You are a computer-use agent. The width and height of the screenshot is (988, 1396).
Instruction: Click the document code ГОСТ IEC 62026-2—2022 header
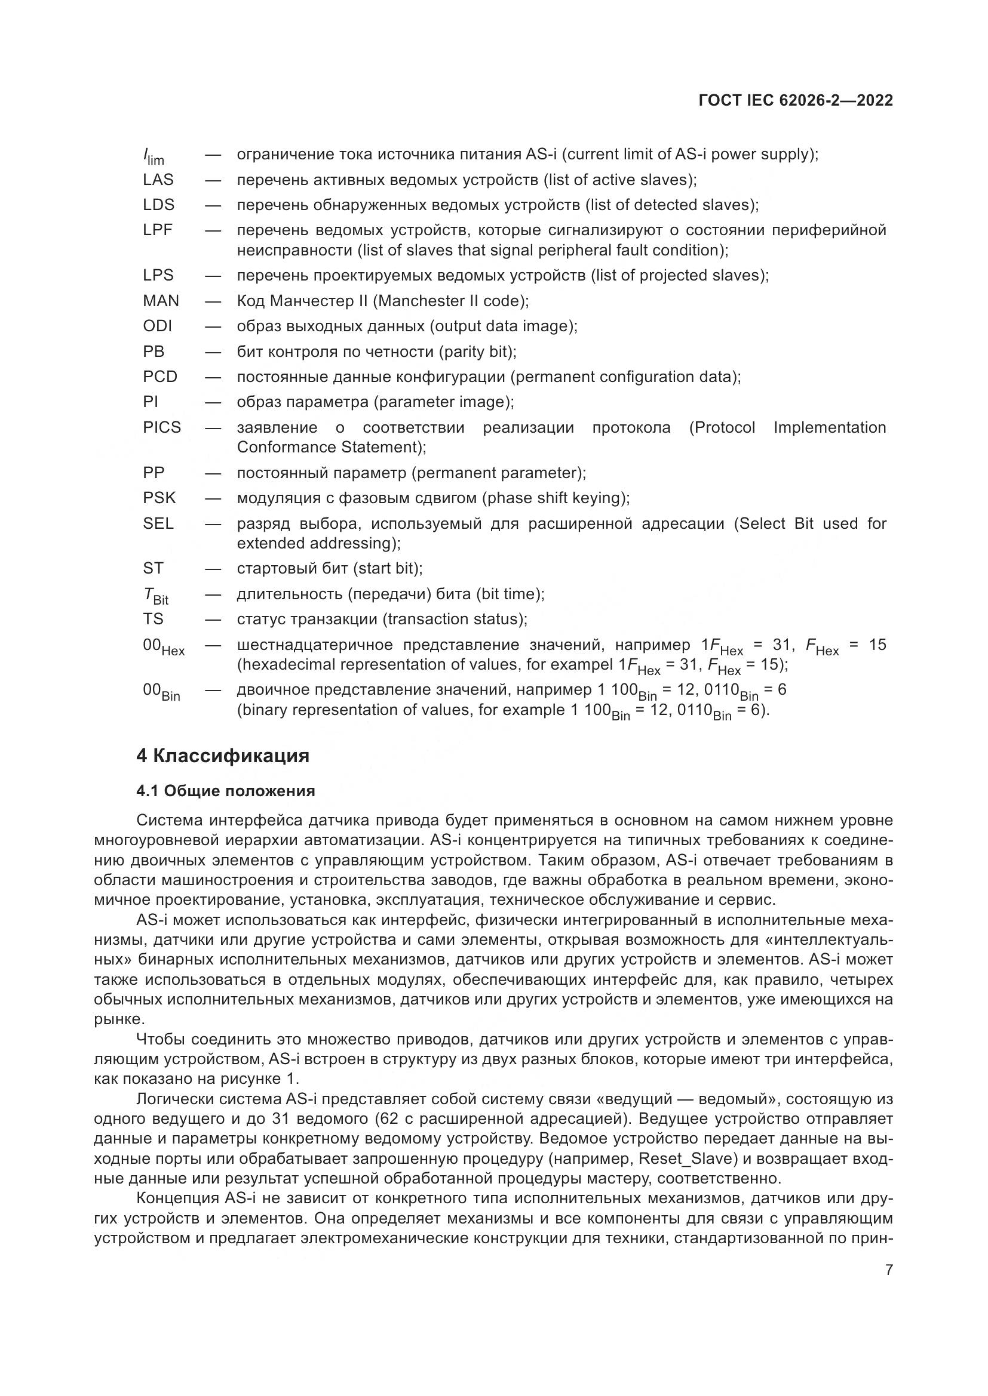[x=796, y=100]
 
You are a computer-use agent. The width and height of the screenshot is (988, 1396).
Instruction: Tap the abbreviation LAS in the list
[x=158, y=180]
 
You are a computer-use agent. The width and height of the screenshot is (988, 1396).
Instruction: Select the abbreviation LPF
[x=158, y=230]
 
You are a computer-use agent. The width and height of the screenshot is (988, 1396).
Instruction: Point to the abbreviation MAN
[x=161, y=301]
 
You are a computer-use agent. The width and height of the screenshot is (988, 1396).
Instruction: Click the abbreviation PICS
[x=162, y=427]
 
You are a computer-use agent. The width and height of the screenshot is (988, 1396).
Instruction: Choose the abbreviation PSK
[x=159, y=498]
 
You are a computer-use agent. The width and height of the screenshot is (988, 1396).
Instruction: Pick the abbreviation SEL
[x=158, y=523]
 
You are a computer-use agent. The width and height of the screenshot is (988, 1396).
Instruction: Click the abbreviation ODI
[x=158, y=326]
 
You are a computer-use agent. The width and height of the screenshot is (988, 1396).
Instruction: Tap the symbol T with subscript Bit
[x=155, y=596]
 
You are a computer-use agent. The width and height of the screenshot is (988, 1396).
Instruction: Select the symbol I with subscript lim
[x=153, y=157]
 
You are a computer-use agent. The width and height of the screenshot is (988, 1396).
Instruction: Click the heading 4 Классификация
[x=223, y=756]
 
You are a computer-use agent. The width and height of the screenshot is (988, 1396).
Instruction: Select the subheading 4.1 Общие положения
[x=225, y=791]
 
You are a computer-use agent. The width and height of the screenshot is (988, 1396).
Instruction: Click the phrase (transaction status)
[x=454, y=619]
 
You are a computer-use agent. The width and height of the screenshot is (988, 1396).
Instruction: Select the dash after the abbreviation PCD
[x=212, y=377]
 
